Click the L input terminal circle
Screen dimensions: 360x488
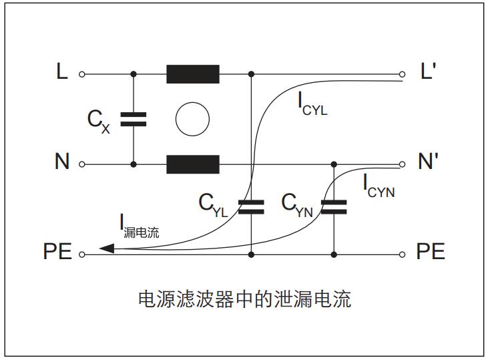click(x=82, y=74)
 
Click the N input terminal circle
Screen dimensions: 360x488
click(x=82, y=164)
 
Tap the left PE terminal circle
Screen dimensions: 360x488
click(x=82, y=254)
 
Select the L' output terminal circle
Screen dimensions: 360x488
click(x=403, y=74)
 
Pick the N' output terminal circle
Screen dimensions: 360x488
click(x=403, y=164)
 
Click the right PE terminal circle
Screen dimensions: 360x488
click(x=403, y=254)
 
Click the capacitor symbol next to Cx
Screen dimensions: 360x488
click(x=134, y=119)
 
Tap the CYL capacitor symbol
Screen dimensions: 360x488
click(x=251, y=207)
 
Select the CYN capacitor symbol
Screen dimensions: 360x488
click(x=334, y=207)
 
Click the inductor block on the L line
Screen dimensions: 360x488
click(x=193, y=74)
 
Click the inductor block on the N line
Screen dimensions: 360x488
click(x=193, y=164)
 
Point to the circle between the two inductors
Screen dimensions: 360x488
click(x=192, y=119)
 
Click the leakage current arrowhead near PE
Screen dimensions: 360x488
click(x=107, y=248)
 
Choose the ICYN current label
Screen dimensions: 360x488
click(x=379, y=186)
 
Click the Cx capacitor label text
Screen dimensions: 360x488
click(x=99, y=120)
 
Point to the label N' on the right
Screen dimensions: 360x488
click(x=427, y=163)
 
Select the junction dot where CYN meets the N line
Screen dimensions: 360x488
click(x=334, y=164)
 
